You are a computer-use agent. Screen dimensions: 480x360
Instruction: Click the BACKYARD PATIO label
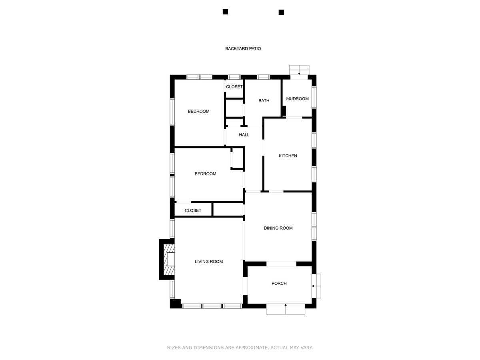pyautogui.click(x=243, y=48)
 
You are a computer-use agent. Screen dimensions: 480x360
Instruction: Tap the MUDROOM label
pyautogui.click(x=298, y=99)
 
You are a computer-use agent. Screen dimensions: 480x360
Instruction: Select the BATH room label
pyautogui.click(x=264, y=101)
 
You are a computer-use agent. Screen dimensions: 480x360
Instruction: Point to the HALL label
pyautogui.click(x=244, y=135)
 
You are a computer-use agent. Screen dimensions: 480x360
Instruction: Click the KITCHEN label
pyautogui.click(x=288, y=156)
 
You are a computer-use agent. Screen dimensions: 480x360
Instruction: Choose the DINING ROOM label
pyautogui.click(x=278, y=228)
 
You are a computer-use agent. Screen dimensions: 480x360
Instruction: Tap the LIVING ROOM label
pyautogui.click(x=209, y=262)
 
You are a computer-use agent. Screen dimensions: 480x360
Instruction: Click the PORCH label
pyautogui.click(x=279, y=284)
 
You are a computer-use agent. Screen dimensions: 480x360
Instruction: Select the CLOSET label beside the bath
pyautogui.click(x=234, y=87)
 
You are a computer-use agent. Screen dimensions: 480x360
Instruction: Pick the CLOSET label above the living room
pyautogui.click(x=193, y=210)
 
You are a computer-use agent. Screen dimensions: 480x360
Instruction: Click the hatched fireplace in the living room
pyautogui.click(x=169, y=260)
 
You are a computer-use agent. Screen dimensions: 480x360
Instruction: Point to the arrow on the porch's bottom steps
pyautogui.click(x=286, y=306)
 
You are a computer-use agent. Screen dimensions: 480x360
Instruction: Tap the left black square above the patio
pyautogui.click(x=225, y=12)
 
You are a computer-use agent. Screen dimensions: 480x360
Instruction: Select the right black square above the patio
pyautogui.click(x=281, y=12)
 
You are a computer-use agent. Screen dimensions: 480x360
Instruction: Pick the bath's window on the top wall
pyautogui.click(x=263, y=77)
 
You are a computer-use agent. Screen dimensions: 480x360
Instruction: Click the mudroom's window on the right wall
pyautogui.click(x=314, y=98)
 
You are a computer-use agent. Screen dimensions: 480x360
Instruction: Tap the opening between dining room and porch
pyautogui.click(x=281, y=264)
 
